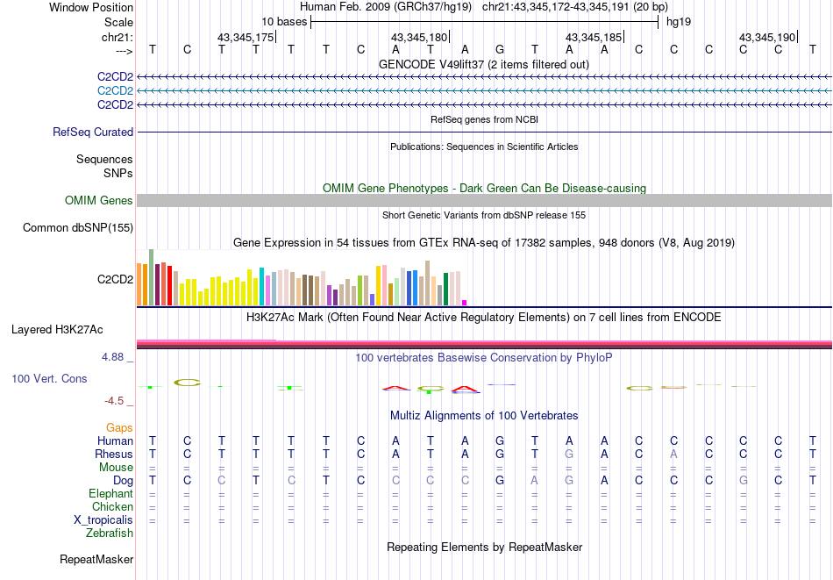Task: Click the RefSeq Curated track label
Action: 93,132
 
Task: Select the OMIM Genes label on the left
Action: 98,201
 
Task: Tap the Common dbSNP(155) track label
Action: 78,228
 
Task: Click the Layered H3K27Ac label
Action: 57,330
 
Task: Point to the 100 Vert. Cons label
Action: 49,378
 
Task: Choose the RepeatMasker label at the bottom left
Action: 96,559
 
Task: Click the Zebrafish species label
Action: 110,533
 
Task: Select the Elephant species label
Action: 110,494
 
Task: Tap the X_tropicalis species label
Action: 103,519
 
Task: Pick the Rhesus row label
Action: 114,455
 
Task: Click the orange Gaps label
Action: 119,427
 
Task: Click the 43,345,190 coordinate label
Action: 767,37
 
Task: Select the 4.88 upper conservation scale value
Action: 115,357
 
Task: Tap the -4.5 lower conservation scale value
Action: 115,401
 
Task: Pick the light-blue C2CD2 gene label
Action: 115,91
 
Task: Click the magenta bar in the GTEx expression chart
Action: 464,303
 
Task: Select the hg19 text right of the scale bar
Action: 678,21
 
